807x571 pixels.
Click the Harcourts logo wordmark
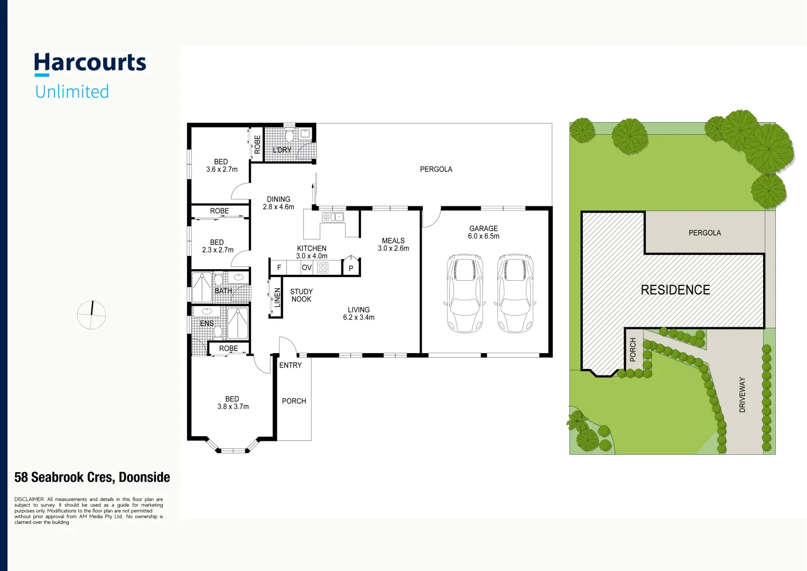(90, 63)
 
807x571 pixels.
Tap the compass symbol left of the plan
(91, 315)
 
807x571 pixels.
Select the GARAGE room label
(483, 228)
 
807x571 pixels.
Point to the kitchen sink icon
(333, 217)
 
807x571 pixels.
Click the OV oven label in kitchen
(307, 268)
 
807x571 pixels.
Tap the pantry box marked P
(351, 268)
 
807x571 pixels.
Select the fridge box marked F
(279, 268)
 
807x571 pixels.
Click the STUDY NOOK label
(301, 295)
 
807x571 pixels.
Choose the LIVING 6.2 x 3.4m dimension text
(358, 317)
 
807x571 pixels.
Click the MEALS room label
(393, 241)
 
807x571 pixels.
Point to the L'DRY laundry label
(282, 150)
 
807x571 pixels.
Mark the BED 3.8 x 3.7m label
(233, 403)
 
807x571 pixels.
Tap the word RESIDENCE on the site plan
(675, 290)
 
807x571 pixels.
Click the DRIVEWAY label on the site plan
(742, 394)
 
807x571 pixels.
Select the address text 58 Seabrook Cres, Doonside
(92, 477)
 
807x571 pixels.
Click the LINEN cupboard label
(277, 297)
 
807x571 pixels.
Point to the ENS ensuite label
(207, 323)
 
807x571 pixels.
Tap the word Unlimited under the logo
(72, 91)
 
